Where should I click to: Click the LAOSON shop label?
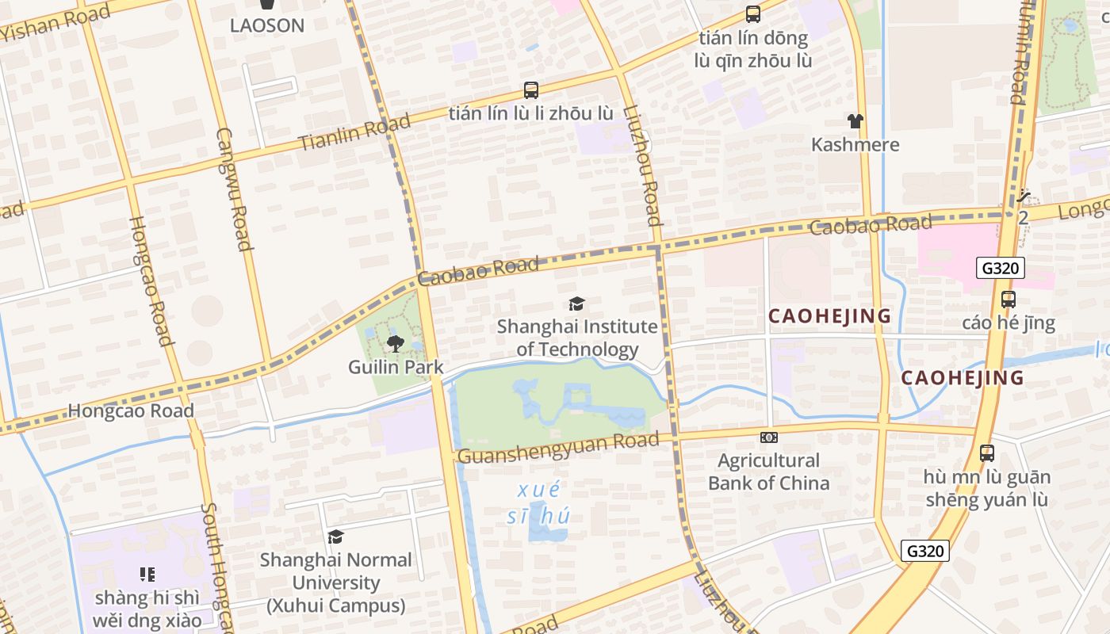coord(267,25)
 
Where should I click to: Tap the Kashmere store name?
coord(855,144)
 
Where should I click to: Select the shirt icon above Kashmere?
coord(855,121)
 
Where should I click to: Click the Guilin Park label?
coord(395,367)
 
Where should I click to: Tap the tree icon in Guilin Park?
coord(395,344)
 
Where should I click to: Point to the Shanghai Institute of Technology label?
coord(577,338)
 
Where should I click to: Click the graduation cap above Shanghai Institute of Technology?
coord(576,304)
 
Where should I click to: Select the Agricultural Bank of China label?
coord(768,472)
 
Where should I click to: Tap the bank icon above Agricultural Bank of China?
coord(768,437)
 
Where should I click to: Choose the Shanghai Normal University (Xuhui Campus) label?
coord(335,582)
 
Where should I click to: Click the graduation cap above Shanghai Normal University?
coord(335,537)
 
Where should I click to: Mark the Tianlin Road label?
coord(354,132)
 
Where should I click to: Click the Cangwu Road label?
coord(234,189)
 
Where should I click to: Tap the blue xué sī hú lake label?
coord(538,502)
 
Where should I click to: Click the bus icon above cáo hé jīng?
coord(1008,300)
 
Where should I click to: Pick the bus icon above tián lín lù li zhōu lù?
coord(530,90)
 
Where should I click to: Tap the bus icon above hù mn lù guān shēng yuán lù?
coord(986,453)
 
